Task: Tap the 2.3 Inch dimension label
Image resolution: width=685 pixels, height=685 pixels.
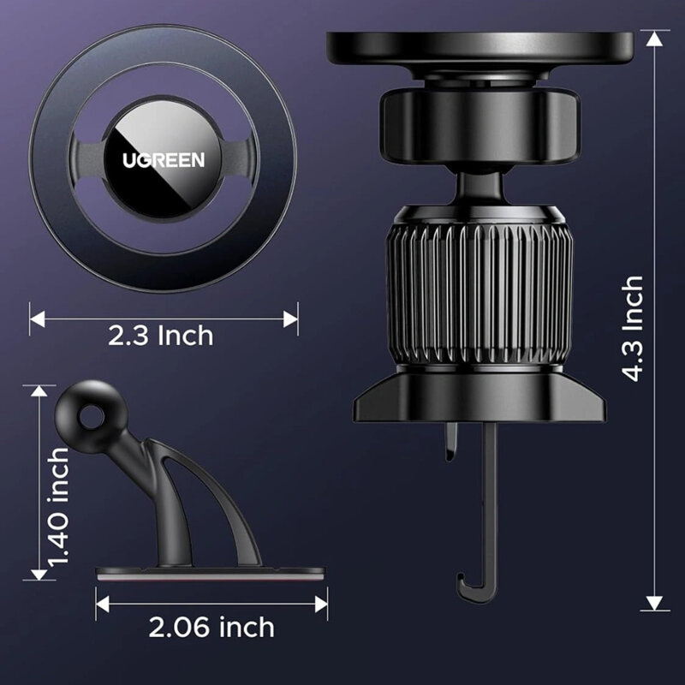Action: pos(161,336)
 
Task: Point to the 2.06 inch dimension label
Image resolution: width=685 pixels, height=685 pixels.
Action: pos(211,628)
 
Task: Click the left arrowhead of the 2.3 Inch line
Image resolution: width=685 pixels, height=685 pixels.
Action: pos(34,319)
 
